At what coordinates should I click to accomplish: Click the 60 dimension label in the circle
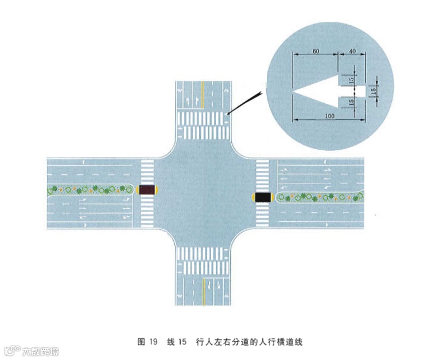pyautogui.click(x=316, y=51)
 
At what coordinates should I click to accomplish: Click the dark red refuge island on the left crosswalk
pyautogui.click(x=147, y=189)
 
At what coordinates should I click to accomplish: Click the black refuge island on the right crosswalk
pyautogui.click(x=263, y=197)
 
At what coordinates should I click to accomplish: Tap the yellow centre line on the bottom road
pyautogui.click(x=203, y=289)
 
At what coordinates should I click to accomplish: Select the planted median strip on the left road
pyautogui.click(x=89, y=189)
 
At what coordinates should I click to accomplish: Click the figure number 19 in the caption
pyautogui.click(x=153, y=342)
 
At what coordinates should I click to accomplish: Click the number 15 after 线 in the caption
pyautogui.click(x=182, y=342)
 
